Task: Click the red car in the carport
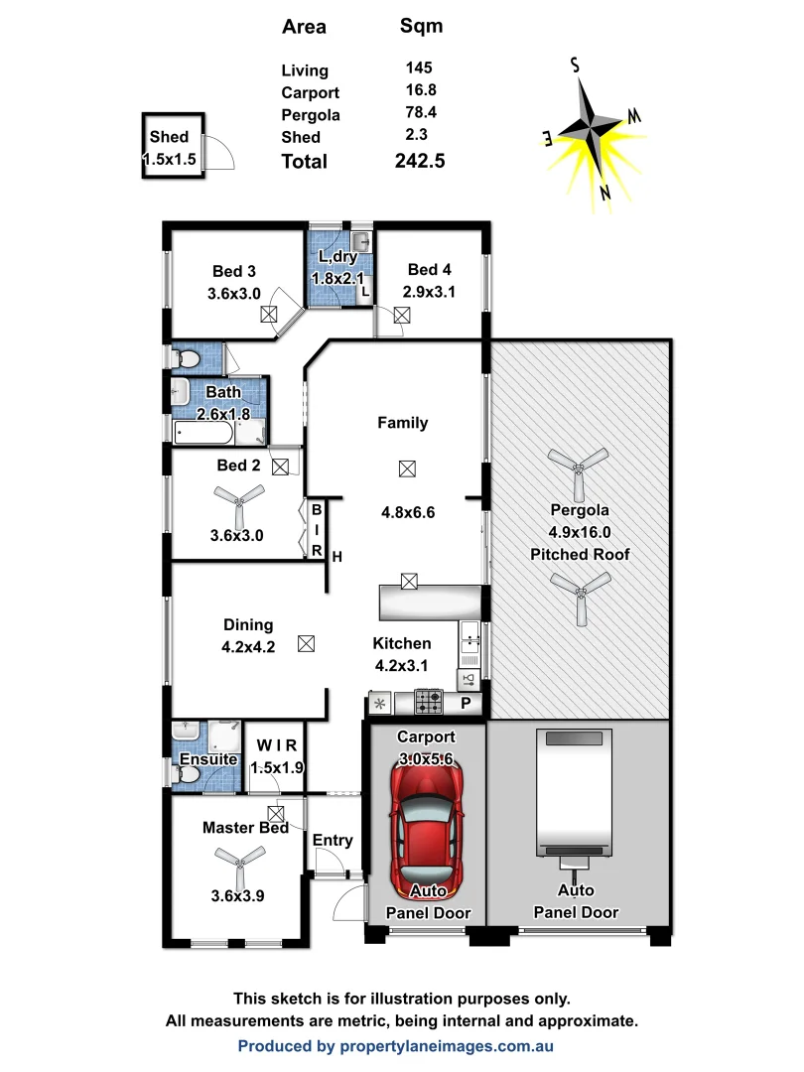(x=428, y=829)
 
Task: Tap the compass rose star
(x=594, y=128)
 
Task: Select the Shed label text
(x=169, y=137)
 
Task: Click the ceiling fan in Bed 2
(x=238, y=500)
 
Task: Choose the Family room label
(x=403, y=423)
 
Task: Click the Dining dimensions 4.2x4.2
(x=248, y=646)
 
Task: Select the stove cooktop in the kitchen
(x=429, y=703)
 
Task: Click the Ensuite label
(x=208, y=760)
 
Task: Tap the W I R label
(x=277, y=744)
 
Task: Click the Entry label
(x=333, y=841)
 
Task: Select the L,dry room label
(x=337, y=258)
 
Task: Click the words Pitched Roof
(x=581, y=554)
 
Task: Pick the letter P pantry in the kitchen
(x=465, y=703)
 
